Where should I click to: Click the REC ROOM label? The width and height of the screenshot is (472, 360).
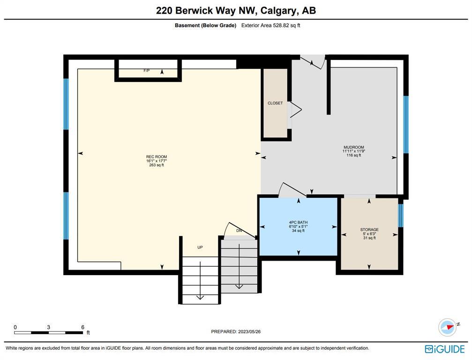157,157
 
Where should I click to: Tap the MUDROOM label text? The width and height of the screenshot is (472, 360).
354,147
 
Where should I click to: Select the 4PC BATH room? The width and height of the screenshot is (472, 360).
298,227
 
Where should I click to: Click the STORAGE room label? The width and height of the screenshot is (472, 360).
369,230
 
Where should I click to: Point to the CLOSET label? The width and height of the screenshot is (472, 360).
275,103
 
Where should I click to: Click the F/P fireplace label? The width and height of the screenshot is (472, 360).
147,71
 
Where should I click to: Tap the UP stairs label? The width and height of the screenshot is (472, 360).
200,247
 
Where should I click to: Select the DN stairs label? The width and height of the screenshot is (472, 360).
239,231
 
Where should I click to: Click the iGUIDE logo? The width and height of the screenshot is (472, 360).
445,349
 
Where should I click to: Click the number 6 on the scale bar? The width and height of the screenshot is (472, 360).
83,327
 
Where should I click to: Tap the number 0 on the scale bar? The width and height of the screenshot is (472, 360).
15,327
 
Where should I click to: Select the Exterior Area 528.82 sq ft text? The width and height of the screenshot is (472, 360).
270,26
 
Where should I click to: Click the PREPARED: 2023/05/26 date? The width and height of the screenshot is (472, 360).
236,332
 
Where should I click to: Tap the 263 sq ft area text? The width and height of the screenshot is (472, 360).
157,165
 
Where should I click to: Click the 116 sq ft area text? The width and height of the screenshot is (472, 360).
354,155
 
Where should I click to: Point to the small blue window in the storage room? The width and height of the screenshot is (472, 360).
401,216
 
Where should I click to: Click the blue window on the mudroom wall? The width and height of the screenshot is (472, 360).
406,125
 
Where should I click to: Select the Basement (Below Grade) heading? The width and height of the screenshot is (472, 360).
206,26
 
